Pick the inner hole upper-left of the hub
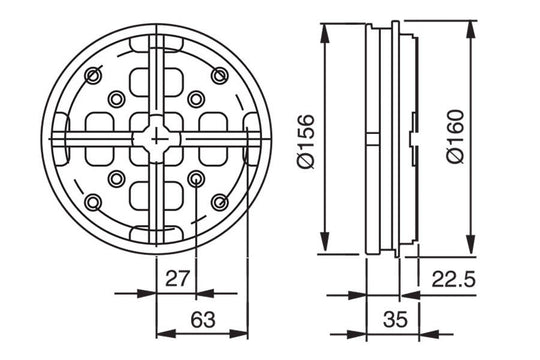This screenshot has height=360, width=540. coord(117,97)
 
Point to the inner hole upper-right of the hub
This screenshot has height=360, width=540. coord(197,97)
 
